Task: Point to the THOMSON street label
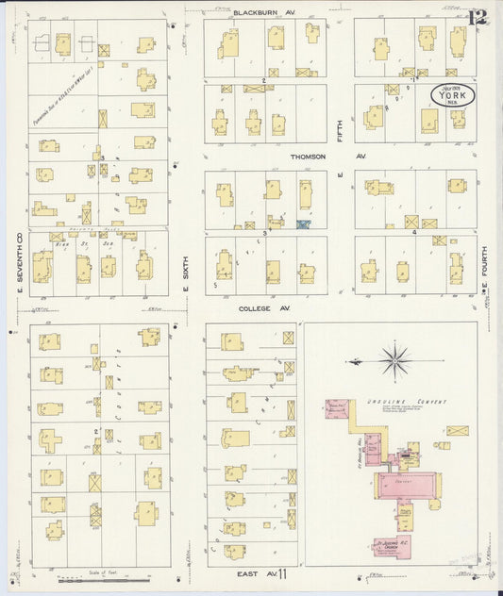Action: click(308, 157)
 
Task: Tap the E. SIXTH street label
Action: click(186, 267)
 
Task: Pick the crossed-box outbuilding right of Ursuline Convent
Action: click(459, 431)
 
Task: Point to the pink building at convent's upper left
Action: click(336, 409)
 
